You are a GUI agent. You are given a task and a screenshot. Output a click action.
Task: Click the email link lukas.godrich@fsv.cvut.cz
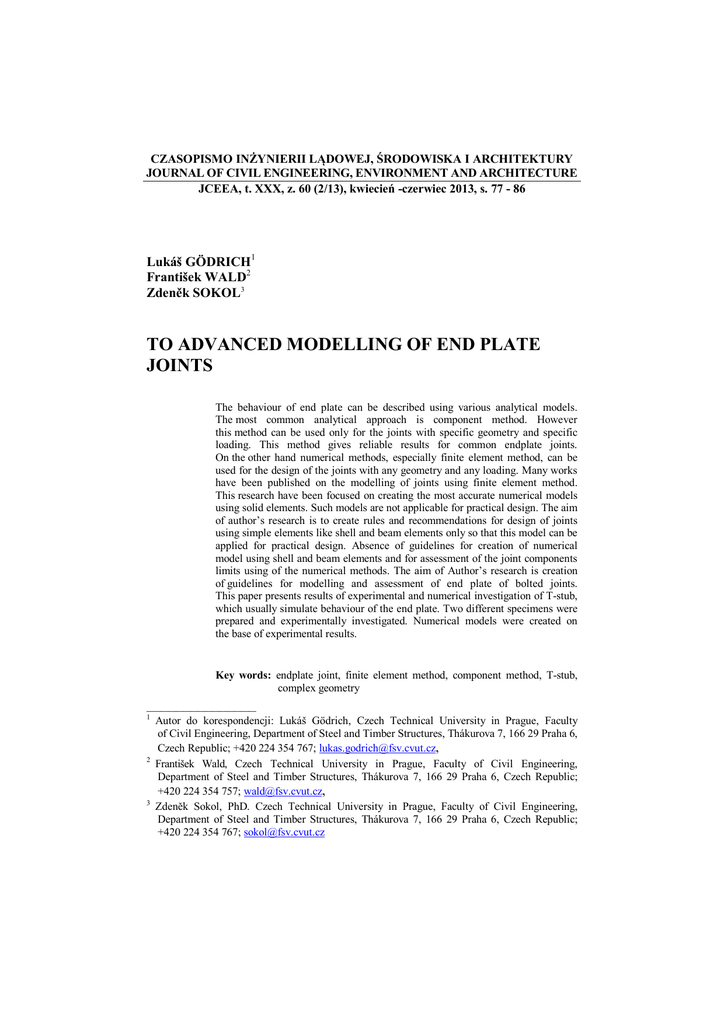(377, 748)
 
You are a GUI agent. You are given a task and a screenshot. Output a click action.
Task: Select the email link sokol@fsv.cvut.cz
(284, 832)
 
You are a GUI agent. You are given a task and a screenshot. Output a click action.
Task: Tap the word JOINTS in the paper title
(181, 367)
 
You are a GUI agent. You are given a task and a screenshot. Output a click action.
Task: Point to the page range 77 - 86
(504, 189)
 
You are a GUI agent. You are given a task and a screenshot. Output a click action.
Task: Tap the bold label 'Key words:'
(243, 675)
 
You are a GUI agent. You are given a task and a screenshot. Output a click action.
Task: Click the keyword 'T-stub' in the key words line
(561, 675)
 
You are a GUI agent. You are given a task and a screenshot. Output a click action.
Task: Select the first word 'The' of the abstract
(225, 408)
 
